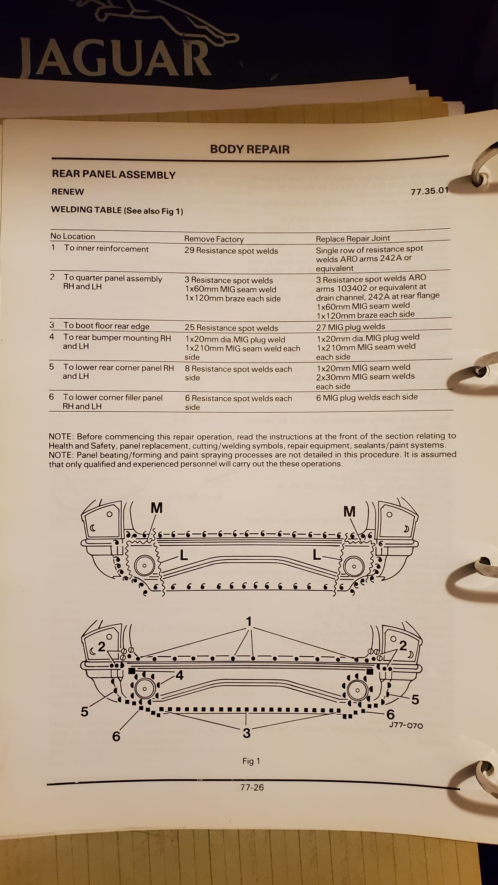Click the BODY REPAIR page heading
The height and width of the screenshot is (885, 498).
[249, 149]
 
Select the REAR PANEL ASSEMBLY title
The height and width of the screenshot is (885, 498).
[113, 175]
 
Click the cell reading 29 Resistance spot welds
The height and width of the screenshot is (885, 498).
[231, 251]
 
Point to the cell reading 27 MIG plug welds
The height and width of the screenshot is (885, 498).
[350, 327]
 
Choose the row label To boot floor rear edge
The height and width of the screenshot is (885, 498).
[106, 326]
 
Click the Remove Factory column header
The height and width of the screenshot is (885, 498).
[213, 239]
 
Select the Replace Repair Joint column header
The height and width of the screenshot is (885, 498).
[353, 238]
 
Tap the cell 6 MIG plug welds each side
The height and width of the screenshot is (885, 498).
[367, 397]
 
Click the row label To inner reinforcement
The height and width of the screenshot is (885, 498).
[106, 249]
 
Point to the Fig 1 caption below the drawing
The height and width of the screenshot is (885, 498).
[251, 761]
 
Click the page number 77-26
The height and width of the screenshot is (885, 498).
[252, 787]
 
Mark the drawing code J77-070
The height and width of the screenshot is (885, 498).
[406, 726]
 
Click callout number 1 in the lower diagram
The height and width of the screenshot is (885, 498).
[249, 622]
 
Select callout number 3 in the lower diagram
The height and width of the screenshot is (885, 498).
[246, 733]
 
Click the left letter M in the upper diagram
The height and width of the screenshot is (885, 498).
[156, 508]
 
